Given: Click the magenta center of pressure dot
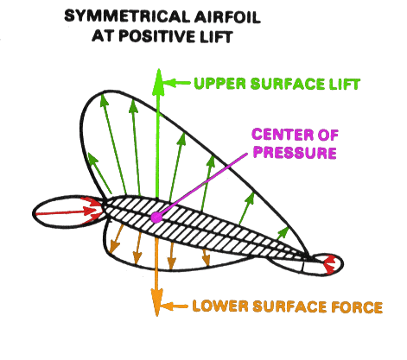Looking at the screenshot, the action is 156,218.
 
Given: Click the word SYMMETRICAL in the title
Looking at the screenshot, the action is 127,16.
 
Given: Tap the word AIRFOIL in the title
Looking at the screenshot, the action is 227,16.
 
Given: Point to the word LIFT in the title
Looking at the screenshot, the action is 216,36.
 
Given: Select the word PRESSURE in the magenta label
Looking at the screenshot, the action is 295,152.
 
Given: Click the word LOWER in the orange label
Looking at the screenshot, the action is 220,306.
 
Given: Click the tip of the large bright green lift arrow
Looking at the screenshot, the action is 158,69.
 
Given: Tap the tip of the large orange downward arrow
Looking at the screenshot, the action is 157,316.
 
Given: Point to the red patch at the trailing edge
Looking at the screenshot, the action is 328,265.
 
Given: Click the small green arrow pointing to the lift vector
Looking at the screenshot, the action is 175,83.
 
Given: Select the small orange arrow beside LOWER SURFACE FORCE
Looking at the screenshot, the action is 174,306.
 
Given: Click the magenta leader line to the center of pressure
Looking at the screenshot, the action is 204,185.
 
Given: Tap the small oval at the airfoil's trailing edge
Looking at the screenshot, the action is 322,265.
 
